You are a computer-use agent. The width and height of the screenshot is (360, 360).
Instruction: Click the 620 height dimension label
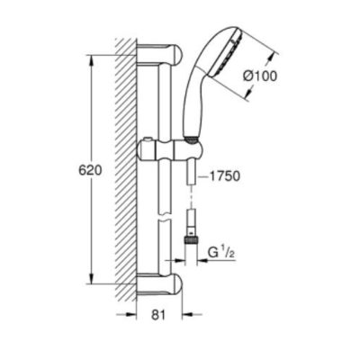pos(90,171)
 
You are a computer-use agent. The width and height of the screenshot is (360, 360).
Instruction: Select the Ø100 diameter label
pos(260,76)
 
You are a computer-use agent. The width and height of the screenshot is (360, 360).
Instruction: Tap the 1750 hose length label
pos(224,176)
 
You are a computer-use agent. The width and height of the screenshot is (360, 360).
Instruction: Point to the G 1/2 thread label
pos(221,253)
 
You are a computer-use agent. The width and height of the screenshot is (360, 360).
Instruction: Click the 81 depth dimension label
pos(158,315)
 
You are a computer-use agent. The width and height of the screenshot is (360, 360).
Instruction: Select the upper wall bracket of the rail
pos(159,54)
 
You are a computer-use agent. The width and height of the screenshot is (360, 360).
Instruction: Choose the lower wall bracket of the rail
pos(159,283)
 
